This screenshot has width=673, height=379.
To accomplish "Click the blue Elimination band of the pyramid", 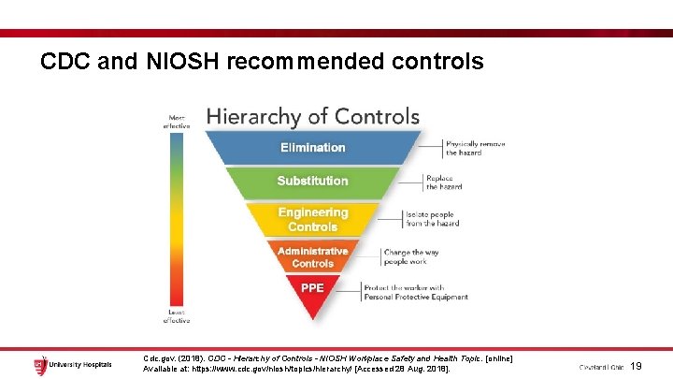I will tap(312, 148).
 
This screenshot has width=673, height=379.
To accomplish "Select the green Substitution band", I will tap(312, 181).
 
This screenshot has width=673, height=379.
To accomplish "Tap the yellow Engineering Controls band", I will tap(312, 219).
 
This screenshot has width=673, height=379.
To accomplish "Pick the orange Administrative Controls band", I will tap(312, 256).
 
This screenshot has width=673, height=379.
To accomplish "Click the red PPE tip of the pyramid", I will tap(312, 288).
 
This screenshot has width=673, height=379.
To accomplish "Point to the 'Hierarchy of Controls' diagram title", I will tap(312, 117).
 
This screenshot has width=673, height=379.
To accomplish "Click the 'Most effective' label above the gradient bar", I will tap(176, 121).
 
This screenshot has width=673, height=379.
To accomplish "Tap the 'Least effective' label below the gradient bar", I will tap(176, 316).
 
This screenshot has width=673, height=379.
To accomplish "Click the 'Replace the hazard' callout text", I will tap(445, 182).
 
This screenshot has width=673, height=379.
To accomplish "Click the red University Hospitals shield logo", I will tap(40, 364).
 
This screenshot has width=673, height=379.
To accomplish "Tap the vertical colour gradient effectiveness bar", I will tap(176, 219).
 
